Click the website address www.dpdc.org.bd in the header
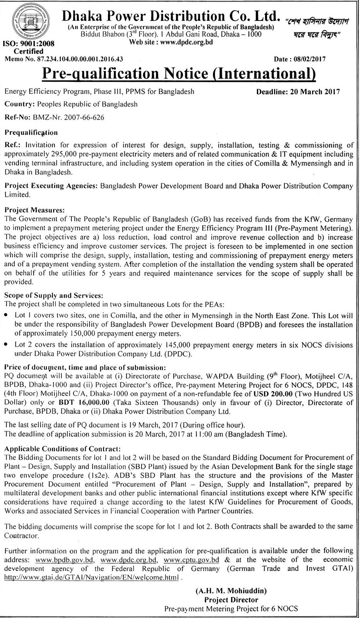pyautogui.click(x=186, y=42)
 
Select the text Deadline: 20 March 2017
pyautogui.click(x=298, y=92)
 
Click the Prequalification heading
pyautogui.click(x=31, y=132)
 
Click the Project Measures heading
pyautogui.click(x=34, y=210)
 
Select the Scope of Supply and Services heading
pyautogui.click(x=54, y=296)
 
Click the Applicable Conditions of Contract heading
pyautogui.click(x=63, y=449)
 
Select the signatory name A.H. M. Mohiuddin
pyautogui.click(x=231, y=591)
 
